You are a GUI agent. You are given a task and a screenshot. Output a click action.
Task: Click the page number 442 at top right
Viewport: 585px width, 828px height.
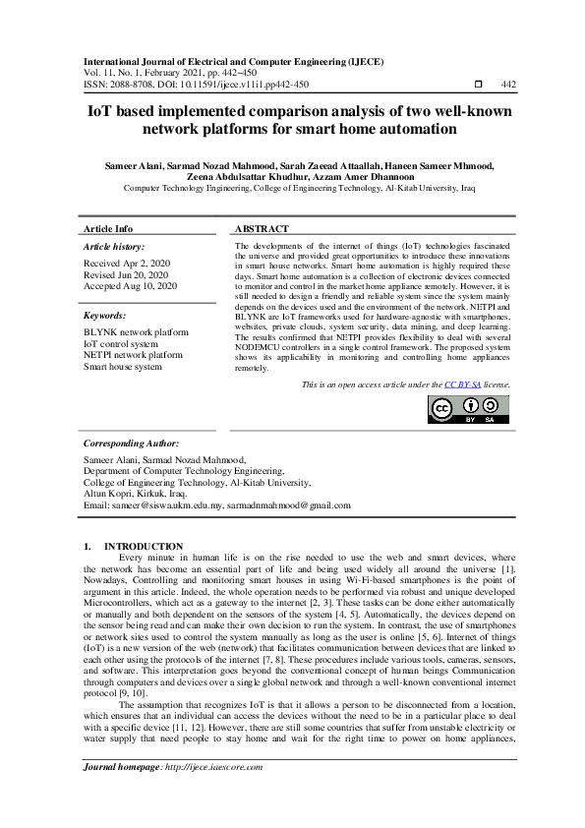[x=508, y=85]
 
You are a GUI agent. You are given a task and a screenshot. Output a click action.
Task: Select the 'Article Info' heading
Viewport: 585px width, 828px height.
[x=108, y=228]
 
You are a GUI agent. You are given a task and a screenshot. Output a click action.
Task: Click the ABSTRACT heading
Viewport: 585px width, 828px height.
[x=261, y=228]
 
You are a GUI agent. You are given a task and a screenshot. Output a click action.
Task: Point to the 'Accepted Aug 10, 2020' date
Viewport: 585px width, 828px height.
[x=131, y=286]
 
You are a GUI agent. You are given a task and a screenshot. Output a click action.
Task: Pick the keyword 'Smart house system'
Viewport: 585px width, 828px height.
[x=123, y=366]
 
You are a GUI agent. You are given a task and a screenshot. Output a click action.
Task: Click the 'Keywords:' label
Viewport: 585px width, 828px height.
[x=105, y=316]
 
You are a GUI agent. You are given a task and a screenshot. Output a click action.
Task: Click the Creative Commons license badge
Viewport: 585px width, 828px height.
[x=468, y=409]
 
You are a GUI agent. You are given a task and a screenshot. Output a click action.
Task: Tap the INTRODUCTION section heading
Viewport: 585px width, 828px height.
[x=144, y=546]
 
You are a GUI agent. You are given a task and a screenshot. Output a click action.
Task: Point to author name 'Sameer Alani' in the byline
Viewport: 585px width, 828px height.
[x=133, y=165]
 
